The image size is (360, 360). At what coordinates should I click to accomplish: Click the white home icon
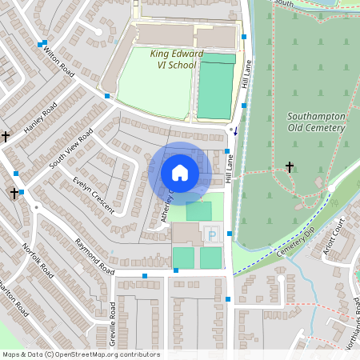180,172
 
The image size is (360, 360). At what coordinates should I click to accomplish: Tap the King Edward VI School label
173,59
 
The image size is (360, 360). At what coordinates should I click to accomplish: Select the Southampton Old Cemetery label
317,122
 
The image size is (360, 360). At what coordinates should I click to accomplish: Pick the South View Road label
71,147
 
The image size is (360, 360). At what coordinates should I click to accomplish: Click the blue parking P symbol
211,234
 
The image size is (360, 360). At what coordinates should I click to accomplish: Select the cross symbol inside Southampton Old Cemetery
290,167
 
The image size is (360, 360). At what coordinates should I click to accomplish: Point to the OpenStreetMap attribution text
80,354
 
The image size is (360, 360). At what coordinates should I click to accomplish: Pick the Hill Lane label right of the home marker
230,170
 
